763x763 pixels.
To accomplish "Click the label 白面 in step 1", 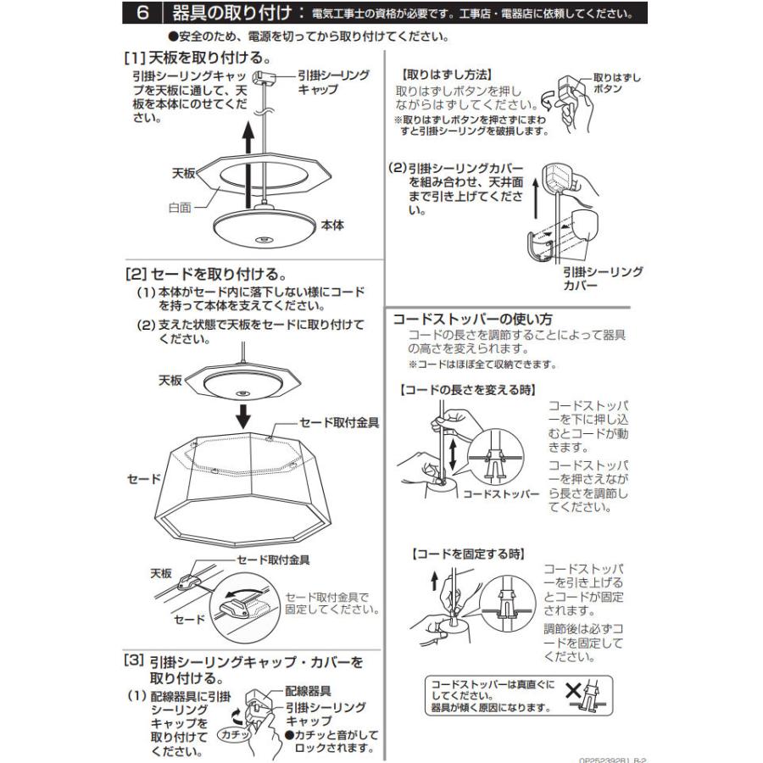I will (x=180, y=206).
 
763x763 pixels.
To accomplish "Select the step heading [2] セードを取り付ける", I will (x=203, y=275).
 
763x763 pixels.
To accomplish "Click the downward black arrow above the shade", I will (x=243, y=415).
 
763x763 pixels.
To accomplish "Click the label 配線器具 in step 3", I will (x=308, y=691).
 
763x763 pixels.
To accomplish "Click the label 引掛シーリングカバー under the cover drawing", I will (x=603, y=279).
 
